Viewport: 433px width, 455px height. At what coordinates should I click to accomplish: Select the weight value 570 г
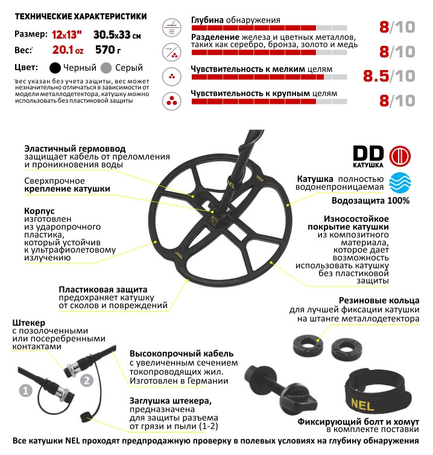122,50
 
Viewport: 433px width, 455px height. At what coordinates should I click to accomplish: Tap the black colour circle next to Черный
55,68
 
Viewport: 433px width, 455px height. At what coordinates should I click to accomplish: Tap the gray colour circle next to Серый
107,68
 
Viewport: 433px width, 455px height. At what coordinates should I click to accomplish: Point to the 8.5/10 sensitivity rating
389,76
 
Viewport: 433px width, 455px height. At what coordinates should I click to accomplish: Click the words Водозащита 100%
378,201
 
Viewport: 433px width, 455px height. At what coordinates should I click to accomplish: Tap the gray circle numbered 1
25,391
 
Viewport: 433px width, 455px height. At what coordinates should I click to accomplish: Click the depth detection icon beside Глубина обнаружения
172,27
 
